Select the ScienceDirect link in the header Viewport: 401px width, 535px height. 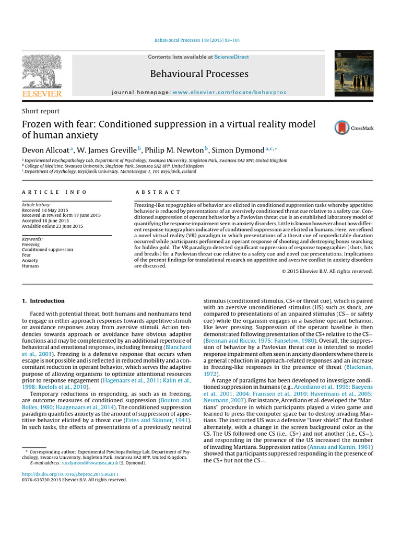[x=231, y=57]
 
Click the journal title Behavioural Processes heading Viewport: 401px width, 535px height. [x=199, y=74]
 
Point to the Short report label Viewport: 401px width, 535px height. [x=40, y=111]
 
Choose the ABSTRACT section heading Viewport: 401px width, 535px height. [x=157, y=192]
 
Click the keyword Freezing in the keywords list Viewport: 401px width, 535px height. [x=31, y=244]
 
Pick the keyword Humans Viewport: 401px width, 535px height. [x=30, y=265]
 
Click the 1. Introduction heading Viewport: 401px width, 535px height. [x=43, y=301]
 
